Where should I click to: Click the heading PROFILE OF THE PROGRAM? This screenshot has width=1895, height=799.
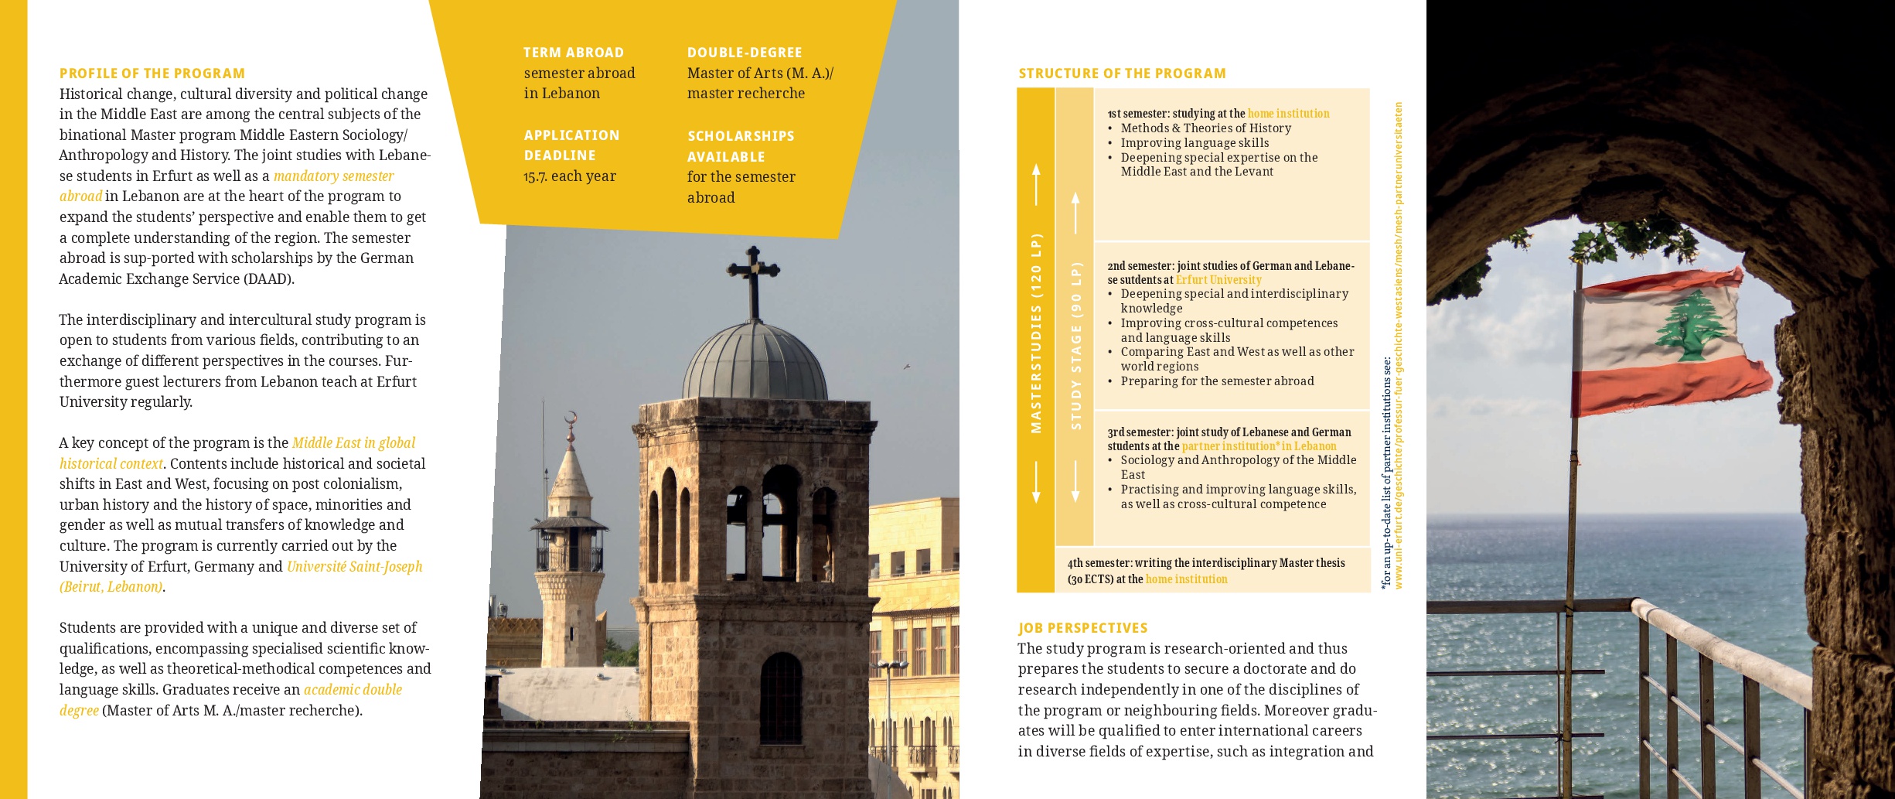pos(152,73)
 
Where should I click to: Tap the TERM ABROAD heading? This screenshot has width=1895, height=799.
pos(573,53)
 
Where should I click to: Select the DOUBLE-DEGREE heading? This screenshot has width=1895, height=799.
pos(745,53)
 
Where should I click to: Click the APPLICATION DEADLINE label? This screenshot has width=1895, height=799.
pos(571,145)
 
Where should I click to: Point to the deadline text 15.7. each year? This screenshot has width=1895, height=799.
pos(570,176)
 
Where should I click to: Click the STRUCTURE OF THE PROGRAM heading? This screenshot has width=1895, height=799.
pos(1122,73)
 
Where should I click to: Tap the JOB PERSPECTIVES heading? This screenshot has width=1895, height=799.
pos(1082,628)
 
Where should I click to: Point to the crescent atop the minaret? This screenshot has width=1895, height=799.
pos(571,418)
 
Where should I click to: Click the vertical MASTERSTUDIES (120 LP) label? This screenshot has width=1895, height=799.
pos(1036,333)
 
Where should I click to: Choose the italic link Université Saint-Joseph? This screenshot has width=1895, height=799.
pos(354,566)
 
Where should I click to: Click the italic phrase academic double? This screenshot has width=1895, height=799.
pos(353,689)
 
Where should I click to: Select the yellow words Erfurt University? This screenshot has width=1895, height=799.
pos(1218,280)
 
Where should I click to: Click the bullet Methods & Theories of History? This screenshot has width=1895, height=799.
pos(1205,128)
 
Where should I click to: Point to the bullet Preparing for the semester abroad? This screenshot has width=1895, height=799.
pos(1217,381)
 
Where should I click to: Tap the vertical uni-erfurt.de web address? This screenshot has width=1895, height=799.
pos(1399,346)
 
